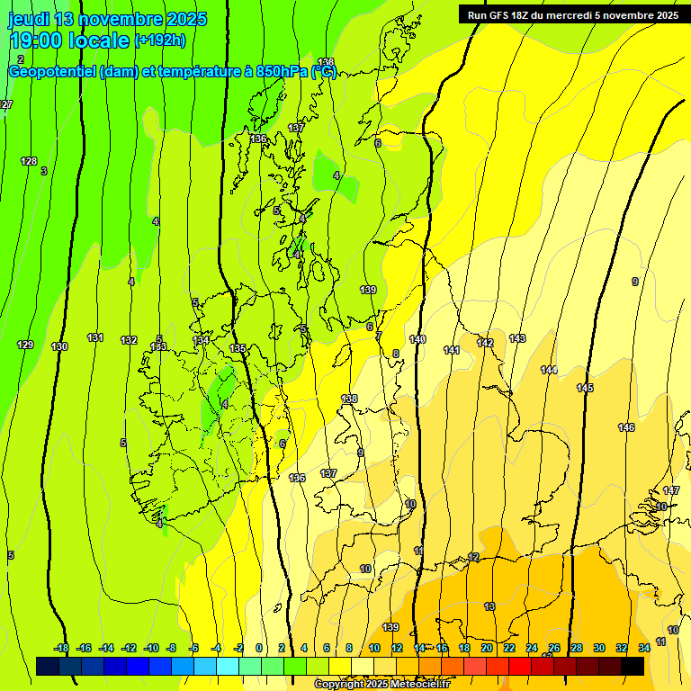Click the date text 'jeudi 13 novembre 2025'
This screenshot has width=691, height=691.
[107, 19]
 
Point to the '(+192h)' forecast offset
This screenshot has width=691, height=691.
[159, 40]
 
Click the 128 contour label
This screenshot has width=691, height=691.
[29, 161]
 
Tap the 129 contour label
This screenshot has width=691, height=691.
[25, 345]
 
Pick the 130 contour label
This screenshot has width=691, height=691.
[59, 346]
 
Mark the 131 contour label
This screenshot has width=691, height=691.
[94, 337]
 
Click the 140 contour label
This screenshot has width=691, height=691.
[417, 339]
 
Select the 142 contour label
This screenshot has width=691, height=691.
[485, 343]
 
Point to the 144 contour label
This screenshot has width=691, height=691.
[549, 370]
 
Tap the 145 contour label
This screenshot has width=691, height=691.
[585, 388]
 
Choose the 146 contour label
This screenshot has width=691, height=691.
[626, 427]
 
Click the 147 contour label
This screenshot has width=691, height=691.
[671, 490]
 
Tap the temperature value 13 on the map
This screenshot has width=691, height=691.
[489, 606]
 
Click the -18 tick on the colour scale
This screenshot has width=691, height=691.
[61, 648]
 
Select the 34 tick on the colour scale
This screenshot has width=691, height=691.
[644, 648]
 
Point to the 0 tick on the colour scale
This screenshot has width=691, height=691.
[259, 648]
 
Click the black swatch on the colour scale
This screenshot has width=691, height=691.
[633, 666]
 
